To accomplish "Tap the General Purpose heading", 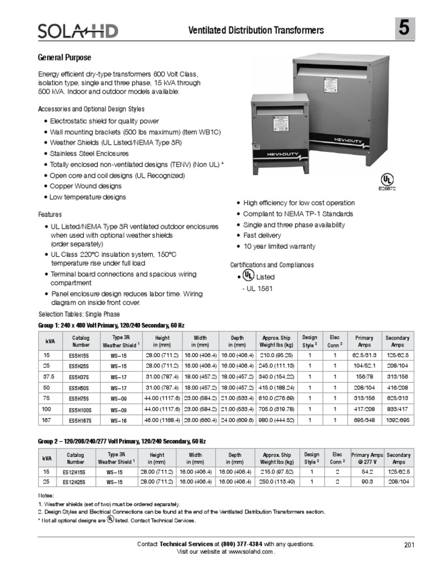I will [64, 58].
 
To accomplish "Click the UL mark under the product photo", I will [386, 180].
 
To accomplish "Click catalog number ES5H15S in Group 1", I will [77, 355].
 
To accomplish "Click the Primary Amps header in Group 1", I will [364, 341].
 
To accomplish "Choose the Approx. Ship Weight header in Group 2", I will [277, 459].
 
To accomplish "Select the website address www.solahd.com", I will [250, 552].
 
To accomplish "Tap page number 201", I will [408, 544].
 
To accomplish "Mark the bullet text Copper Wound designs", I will [85, 186].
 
